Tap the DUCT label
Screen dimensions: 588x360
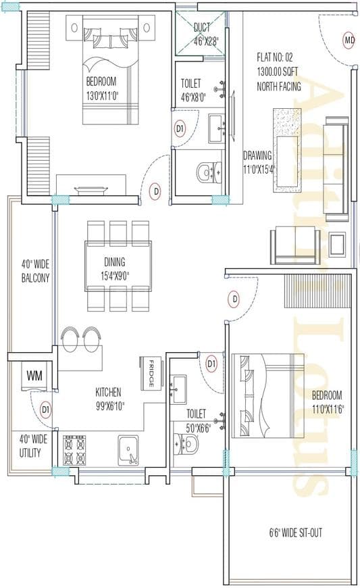coord(202,28)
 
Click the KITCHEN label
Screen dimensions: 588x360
coord(108,391)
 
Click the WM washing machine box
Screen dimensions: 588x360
coord(34,374)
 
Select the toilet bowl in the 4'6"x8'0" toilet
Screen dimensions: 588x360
coord(205,173)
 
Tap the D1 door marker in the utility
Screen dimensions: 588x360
coord(45,409)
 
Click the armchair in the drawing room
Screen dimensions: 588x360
coord(295,245)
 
